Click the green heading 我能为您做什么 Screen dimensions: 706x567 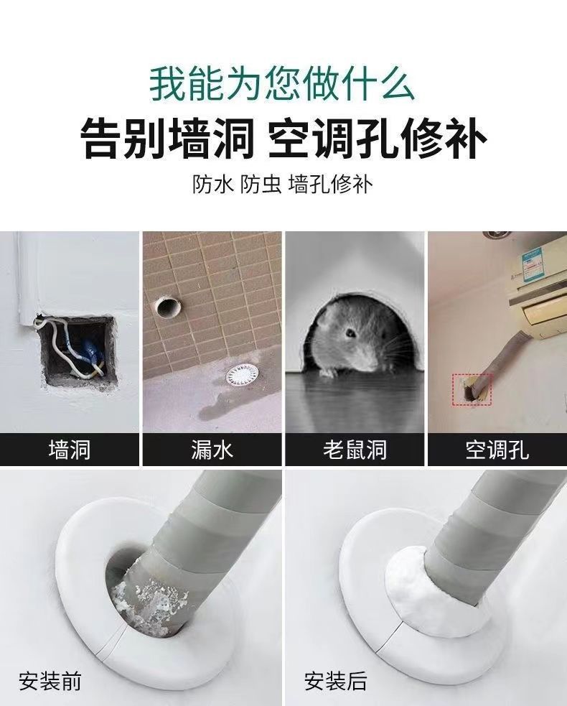click(x=283, y=83)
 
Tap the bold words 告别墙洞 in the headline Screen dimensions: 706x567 click(x=166, y=139)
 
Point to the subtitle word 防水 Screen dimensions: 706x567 click(x=213, y=185)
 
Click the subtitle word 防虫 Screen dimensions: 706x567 click(x=261, y=185)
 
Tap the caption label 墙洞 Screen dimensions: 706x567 click(x=69, y=450)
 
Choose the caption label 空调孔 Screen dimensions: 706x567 click(x=497, y=450)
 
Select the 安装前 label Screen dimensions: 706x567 click(x=50, y=680)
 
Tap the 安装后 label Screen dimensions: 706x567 click(x=335, y=680)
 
